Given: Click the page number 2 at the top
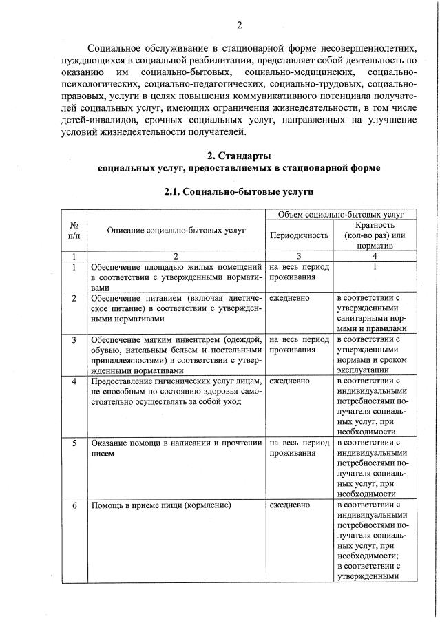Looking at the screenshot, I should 240,25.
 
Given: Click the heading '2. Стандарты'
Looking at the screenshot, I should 239,155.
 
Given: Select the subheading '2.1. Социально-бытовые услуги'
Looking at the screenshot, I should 239,192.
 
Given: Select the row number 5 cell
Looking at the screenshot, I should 74,443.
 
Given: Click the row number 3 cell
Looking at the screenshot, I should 74,339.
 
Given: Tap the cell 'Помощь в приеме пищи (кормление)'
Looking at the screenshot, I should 160,506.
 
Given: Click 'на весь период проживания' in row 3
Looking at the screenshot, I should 299,344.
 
